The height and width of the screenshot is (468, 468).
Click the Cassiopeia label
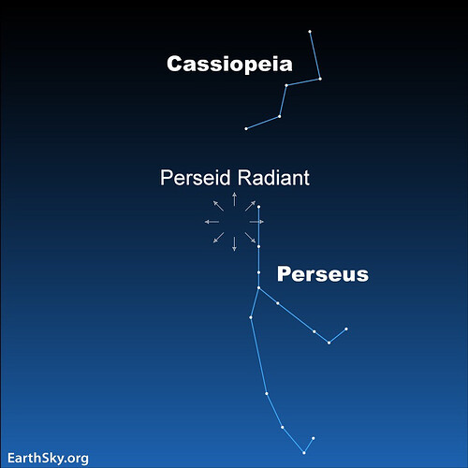click(x=229, y=64)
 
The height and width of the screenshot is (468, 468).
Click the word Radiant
click(x=273, y=178)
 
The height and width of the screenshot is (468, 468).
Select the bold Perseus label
click(x=323, y=274)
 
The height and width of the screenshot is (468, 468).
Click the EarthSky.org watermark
click(x=48, y=459)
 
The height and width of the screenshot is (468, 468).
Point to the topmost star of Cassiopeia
click(x=310, y=32)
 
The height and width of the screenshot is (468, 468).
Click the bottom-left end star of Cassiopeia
click(x=246, y=129)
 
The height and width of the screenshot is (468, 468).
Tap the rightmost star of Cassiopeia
click(x=320, y=79)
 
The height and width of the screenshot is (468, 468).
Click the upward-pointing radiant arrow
click(x=234, y=199)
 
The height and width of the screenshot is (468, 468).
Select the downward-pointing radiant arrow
click(x=234, y=244)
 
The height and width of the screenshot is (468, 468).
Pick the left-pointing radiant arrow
click(x=212, y=222)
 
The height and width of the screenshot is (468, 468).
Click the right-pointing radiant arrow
click(x=256, y=222)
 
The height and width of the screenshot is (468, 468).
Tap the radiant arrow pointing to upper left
click(x=218, y=206)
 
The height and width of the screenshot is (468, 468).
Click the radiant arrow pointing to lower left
click(x=218, y=238)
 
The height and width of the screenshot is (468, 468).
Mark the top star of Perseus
click(x=258, y=207)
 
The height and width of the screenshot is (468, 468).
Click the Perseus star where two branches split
click(x=258, y=288)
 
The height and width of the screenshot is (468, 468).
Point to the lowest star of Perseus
click(x=304, y=453)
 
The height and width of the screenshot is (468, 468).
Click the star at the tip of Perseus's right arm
click(x=346, y=329)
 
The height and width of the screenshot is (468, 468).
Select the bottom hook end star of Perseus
click(x=314, y=438)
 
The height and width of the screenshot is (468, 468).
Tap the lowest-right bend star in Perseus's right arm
click(x=329, y=343)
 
